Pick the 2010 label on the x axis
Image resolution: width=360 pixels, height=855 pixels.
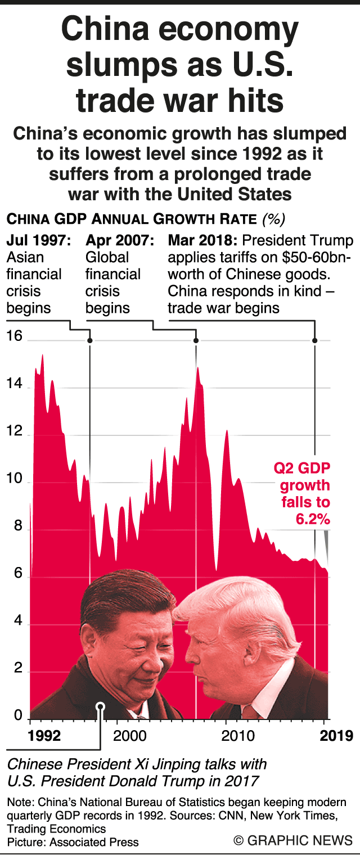(x=238, y=735)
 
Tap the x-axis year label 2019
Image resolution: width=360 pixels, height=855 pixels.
(x=337, y=735)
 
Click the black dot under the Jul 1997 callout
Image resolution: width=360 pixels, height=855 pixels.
(x=90, y=340)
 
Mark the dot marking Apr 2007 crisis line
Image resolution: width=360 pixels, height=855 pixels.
(x=196, y=340)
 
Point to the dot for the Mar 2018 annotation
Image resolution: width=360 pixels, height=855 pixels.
(x=315, y=340)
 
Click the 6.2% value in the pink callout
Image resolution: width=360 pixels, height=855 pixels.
(x=313, y=520)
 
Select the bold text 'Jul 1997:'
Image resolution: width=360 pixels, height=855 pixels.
(x=39, y=241)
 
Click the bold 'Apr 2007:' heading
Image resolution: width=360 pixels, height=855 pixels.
(x=120, y=241)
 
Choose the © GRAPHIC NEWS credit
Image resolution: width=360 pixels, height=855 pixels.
(x=293, y=840)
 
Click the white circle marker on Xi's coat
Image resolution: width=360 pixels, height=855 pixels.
(x=101, y=706)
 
